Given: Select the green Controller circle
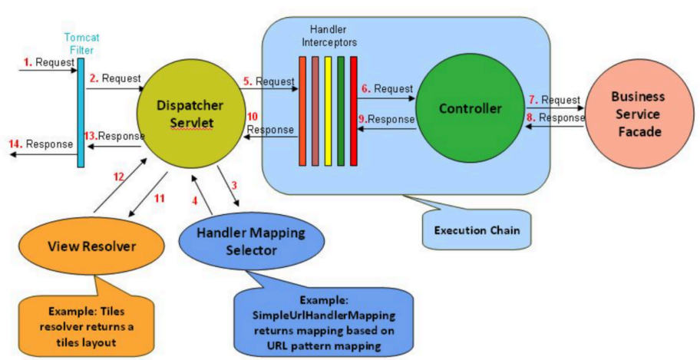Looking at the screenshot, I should point(470,109).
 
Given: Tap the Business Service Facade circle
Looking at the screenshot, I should point(636,114).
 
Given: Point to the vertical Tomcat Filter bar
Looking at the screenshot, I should point(80,114).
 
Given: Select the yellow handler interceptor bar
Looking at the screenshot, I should point(328,111).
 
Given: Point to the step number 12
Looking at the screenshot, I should point(118,177).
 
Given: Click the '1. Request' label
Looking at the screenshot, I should point(42,61).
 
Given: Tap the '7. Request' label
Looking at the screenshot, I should point(553,100).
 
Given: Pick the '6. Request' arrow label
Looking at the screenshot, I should point(387,89).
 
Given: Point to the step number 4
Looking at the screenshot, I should point(194,200).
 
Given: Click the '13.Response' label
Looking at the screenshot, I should point(114,136).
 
